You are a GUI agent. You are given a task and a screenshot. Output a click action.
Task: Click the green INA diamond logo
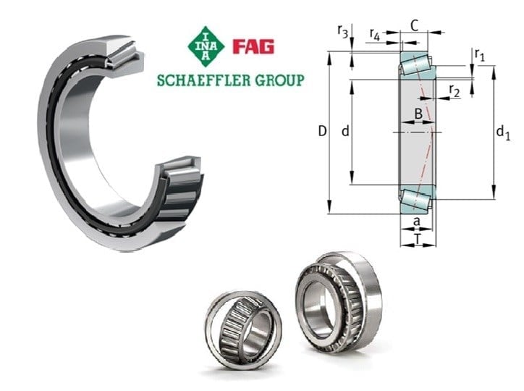coord(206,46)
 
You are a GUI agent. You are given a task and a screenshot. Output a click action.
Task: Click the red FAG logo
coord(253,46)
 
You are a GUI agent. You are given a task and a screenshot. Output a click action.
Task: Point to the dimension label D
coord(322,131)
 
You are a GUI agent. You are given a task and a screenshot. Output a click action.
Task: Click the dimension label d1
coord(503,133)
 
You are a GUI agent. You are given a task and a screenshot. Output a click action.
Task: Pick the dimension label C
coord(415,26)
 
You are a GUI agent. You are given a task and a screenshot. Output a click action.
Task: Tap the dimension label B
coord(418,114)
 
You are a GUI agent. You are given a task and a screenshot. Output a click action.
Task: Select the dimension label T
coord(418,239)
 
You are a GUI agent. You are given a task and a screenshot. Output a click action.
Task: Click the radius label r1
coord(480,54)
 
